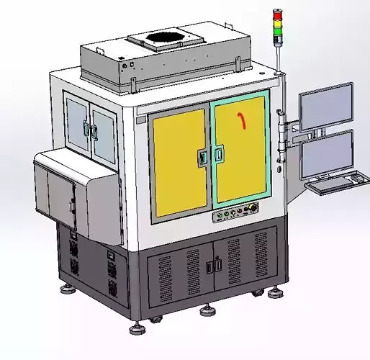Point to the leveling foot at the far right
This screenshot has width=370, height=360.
(275, 292)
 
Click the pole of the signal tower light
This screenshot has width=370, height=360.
(276, 55)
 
